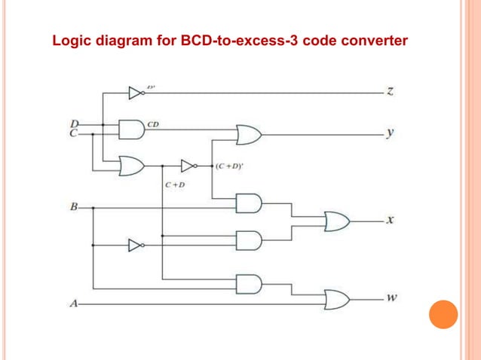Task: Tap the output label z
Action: [x=390, y=92]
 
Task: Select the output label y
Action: [x=390, y=133]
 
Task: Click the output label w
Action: [x=391, y=297]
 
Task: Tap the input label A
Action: [x=72, y=304]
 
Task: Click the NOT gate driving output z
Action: [x=136, y=93]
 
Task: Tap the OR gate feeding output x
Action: [x=335, y=221]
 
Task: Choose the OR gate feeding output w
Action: [x=335, y=299]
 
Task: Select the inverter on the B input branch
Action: [x=135, y=245]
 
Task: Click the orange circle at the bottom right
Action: [x=443, y=314]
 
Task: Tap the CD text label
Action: [x=152, y=123]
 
